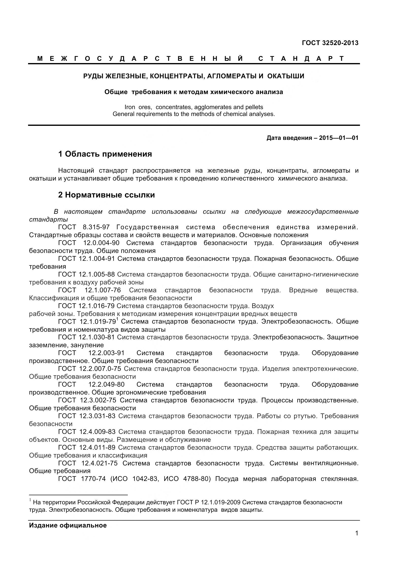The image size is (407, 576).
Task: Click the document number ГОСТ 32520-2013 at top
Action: [x=330, y=43]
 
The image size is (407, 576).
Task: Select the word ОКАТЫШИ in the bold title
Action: [x=286, y=76]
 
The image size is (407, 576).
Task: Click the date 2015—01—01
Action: [x=339, y=138]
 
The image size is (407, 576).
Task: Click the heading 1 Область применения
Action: [x=105, y=154]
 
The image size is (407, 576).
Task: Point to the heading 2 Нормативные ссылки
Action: [x=106, y=195]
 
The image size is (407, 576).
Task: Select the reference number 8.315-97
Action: [x=96, y=227]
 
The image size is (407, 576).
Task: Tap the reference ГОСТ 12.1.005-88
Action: [x=86, y=274]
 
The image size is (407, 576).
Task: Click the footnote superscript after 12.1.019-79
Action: [x=117, y=319]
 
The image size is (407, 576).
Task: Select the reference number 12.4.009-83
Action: [x=97, y=432]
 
